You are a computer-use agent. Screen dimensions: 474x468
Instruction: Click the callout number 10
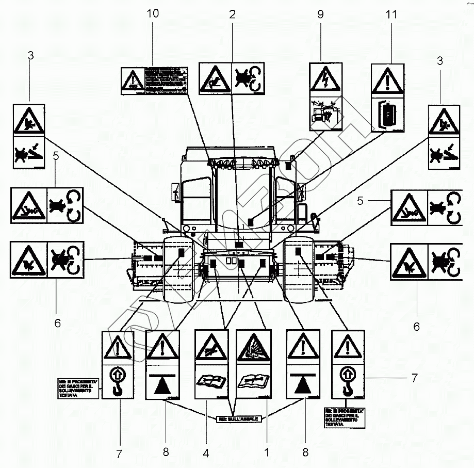click(x=153, y=14)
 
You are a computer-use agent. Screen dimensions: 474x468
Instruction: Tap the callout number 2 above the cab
click(x=232, y=14)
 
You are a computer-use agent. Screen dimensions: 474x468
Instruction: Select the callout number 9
click(x=320, y=14)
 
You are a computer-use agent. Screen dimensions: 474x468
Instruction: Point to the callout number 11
click(x=391, y=14)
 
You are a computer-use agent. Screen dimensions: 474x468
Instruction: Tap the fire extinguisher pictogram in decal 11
click(x=388, y=114)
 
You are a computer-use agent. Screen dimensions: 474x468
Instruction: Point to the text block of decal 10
click(x=164, y=80)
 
